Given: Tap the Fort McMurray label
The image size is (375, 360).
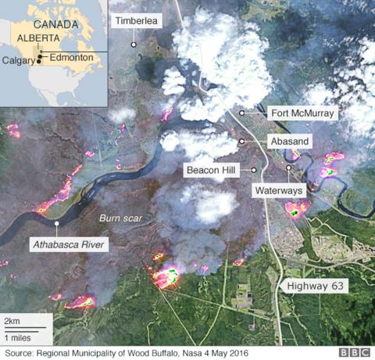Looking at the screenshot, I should (x=302, y=113).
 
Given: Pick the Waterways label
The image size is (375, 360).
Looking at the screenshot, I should (x=278, y=190).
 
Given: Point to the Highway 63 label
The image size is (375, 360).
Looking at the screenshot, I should (x=315, y=287).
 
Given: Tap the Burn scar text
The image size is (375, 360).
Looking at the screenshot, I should (x=121, y=219).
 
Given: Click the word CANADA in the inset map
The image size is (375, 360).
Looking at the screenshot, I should (x=58, y=24).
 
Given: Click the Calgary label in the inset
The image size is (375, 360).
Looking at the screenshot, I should (x=18, y=61).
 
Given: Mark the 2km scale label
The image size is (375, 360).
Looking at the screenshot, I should (x=12, y=322).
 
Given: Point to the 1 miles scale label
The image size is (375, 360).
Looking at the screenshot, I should (x=19, y=337).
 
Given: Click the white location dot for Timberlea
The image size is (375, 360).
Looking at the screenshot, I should (x=134, y=45).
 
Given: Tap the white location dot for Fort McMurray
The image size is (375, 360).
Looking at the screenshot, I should (x=242, y=113).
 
